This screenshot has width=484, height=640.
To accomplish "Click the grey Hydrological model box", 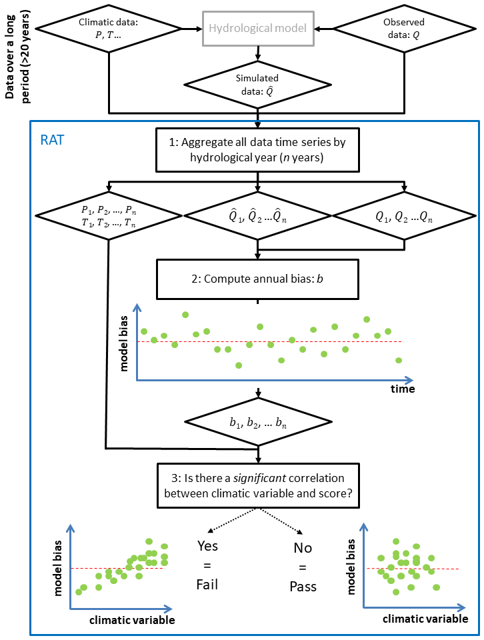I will (x=257, y=28).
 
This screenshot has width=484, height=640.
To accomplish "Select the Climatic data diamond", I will (x=109, y=28).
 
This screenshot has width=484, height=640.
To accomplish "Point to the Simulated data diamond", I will (x=257, y=84).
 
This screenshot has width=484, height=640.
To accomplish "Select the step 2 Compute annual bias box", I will (x=257, y=279).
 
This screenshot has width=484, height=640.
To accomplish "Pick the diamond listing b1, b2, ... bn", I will (x=257, y=423).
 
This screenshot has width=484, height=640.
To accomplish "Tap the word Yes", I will (x=208, y=546).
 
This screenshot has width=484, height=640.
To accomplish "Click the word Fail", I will (x=207, y=585).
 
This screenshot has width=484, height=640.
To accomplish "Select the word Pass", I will (x=303, y=587).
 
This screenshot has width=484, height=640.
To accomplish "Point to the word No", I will (x=303, y=548).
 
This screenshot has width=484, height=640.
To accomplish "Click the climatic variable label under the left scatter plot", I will (x=132, y=620).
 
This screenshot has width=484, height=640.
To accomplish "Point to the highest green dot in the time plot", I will (x=185, y=314).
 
